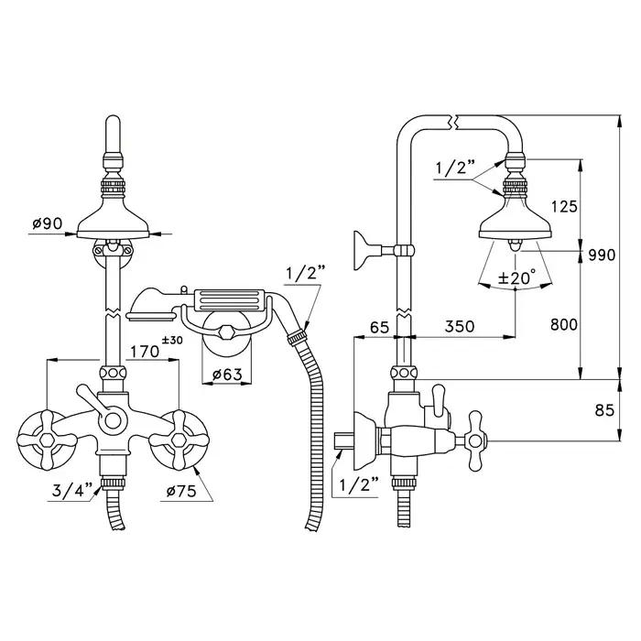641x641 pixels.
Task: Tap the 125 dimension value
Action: coord(564,207)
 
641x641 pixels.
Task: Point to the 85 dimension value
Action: coord(604,410)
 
